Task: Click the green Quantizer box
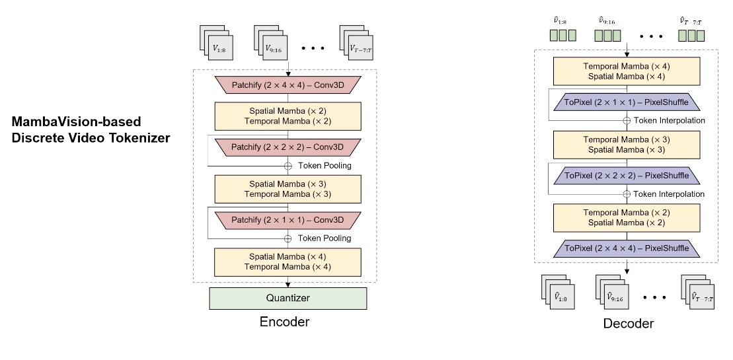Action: [x=288, y=298]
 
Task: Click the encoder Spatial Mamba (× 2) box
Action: [x=288, y=116]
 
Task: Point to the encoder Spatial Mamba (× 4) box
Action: [x=288, y=262]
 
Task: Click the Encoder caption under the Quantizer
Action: [x=285, y=322]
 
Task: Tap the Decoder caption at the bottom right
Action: [x=628, y=324]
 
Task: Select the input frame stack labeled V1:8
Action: [x=214, y=46]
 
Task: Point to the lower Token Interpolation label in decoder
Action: [x=669, y=194]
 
